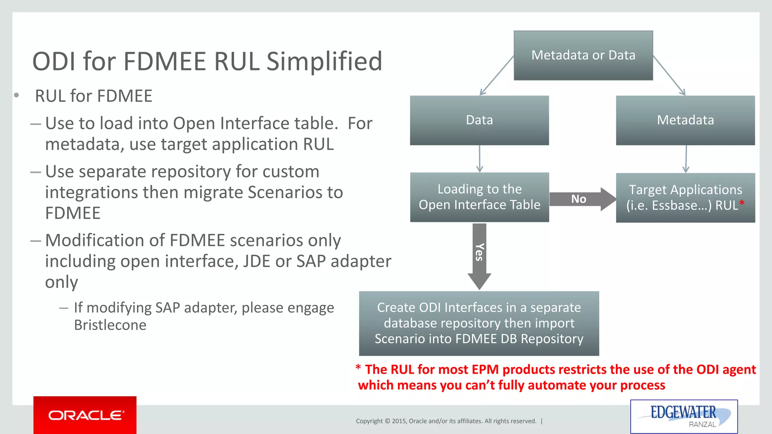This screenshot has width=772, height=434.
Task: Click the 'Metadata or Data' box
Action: (583, 55)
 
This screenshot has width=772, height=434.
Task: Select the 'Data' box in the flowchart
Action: (479, 120)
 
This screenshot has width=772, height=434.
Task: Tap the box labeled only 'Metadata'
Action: (685, 120)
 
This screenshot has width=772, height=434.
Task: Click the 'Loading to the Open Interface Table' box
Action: (479, 197)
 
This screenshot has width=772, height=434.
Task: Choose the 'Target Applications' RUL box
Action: (685, 198)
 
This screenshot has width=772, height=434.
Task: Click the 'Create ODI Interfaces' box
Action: (479, 323)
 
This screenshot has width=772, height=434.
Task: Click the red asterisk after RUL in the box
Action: (741, 204)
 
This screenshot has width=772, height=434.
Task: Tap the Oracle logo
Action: (85, 415)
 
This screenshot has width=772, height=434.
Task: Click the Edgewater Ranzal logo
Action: (683, 416)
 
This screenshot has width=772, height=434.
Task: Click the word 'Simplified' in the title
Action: (324, 61)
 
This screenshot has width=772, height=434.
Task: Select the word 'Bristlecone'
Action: (110, 325)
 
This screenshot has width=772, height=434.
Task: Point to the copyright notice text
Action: (446, 421)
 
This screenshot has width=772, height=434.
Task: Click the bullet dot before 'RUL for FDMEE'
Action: (17, 95)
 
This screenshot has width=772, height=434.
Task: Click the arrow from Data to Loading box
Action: (479, 159)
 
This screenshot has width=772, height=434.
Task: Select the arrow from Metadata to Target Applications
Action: (686, 159)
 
